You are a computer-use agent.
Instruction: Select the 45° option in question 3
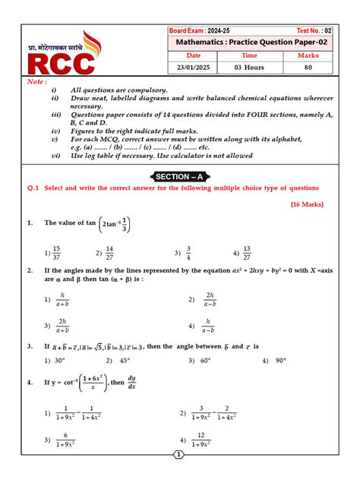click(121, 361)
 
